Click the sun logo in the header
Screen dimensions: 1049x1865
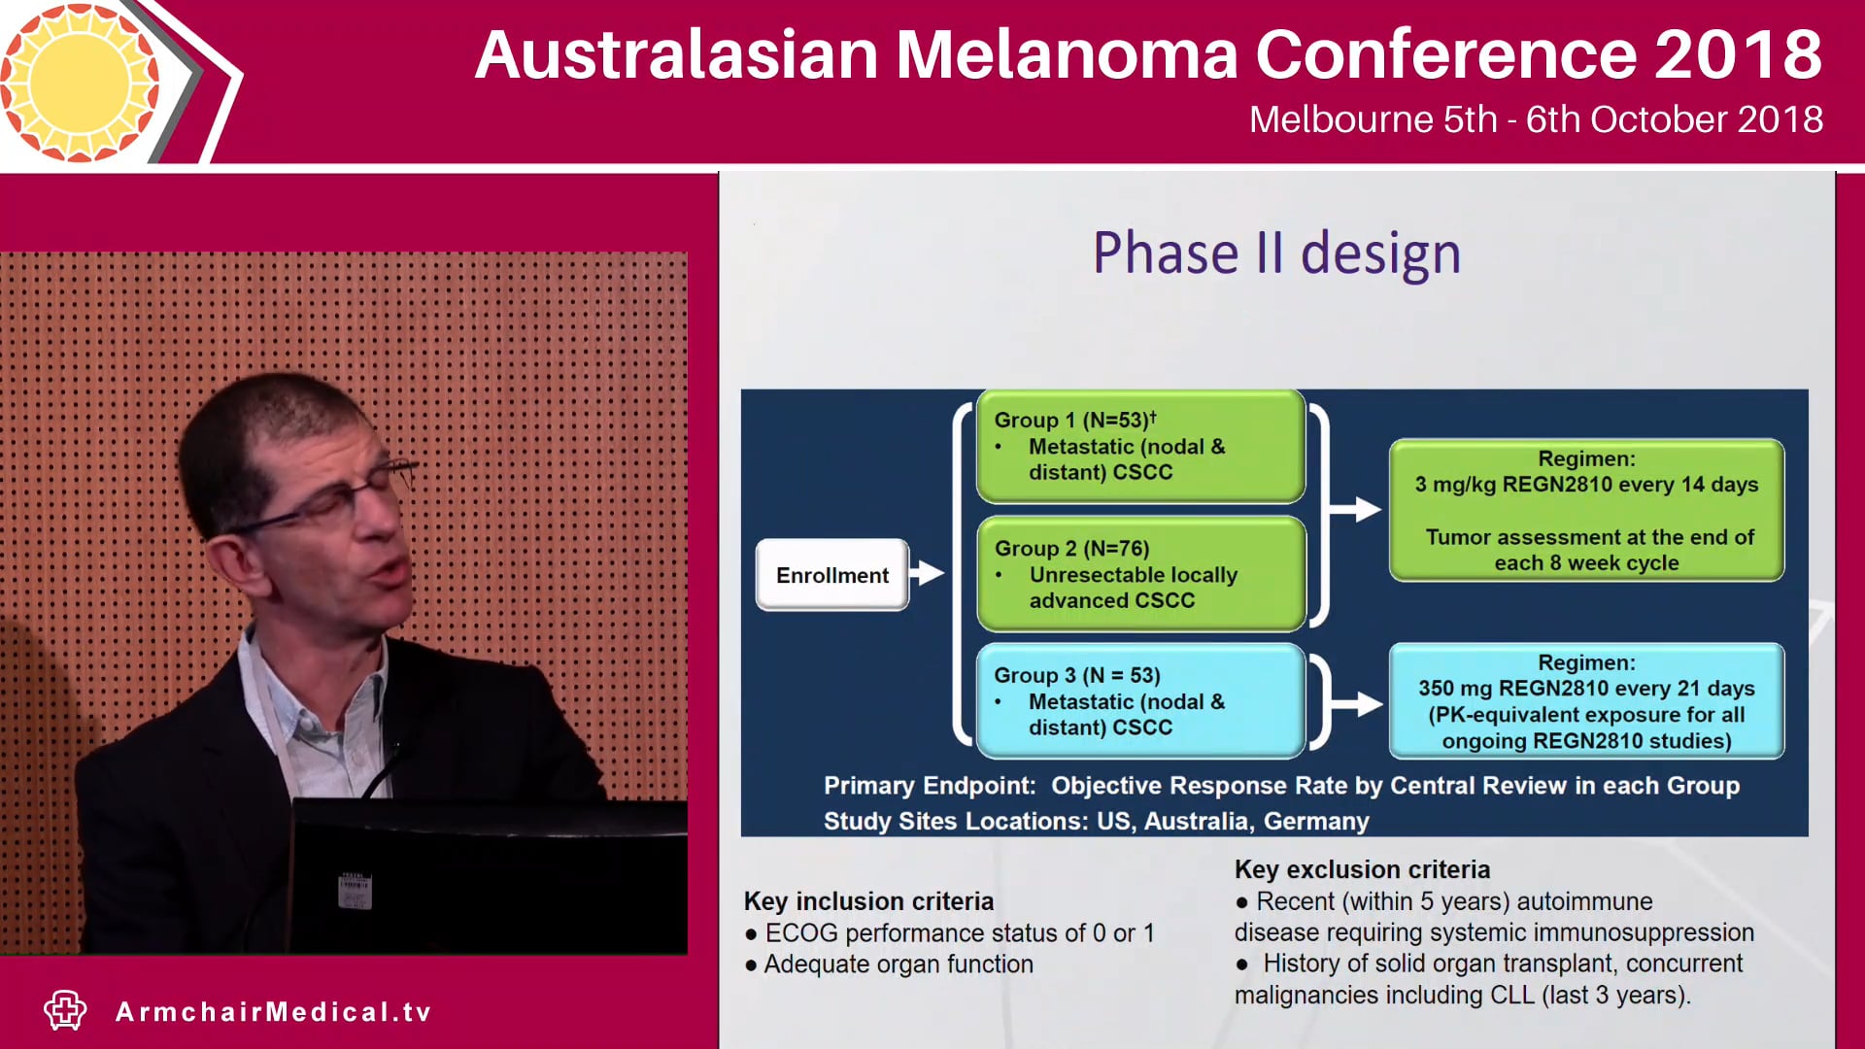click(80, 82)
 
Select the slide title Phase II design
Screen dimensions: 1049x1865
click(1276, 254)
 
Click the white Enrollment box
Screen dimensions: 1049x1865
click(832, 575)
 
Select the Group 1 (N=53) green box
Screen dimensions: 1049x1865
click(1140, 446)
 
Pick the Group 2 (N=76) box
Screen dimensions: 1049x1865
click(1140, 574)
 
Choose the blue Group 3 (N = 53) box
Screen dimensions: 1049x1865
click(1140, 701)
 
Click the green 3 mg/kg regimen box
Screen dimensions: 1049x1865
click(1586, 511)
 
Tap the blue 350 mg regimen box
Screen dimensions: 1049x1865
click(1586, 701)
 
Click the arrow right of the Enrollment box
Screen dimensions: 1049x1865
click(929, 573)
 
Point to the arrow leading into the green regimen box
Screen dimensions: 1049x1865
click(1356, 509)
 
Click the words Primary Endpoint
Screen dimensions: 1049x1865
click(929, 786)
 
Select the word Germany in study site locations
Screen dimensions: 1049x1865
click(1316, 822)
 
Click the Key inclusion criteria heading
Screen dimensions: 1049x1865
click(868, 901)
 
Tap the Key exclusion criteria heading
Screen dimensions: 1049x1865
click(1362, 869)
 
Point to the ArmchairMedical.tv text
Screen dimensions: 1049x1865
click(274, 1012)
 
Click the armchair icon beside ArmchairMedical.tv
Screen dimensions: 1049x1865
click(65, 1010)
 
